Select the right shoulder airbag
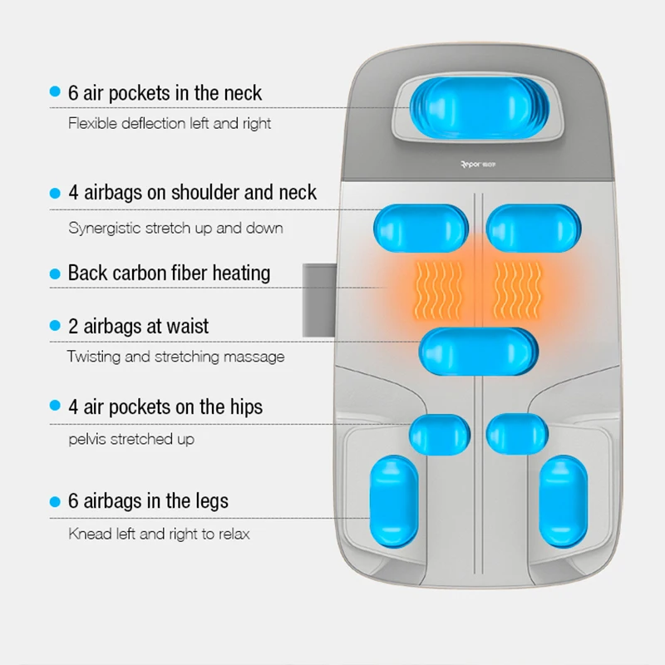coord(530,228)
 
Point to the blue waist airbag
coord(477,352)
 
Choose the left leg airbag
coord(394,500)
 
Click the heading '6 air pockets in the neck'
coord(165,92)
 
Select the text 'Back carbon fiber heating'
coord(169,273)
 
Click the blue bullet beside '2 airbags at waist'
coord(55,326)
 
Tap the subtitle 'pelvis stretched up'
coord(131,438)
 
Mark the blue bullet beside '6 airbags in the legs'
coord(55,501)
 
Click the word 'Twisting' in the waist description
coord(93,357)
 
